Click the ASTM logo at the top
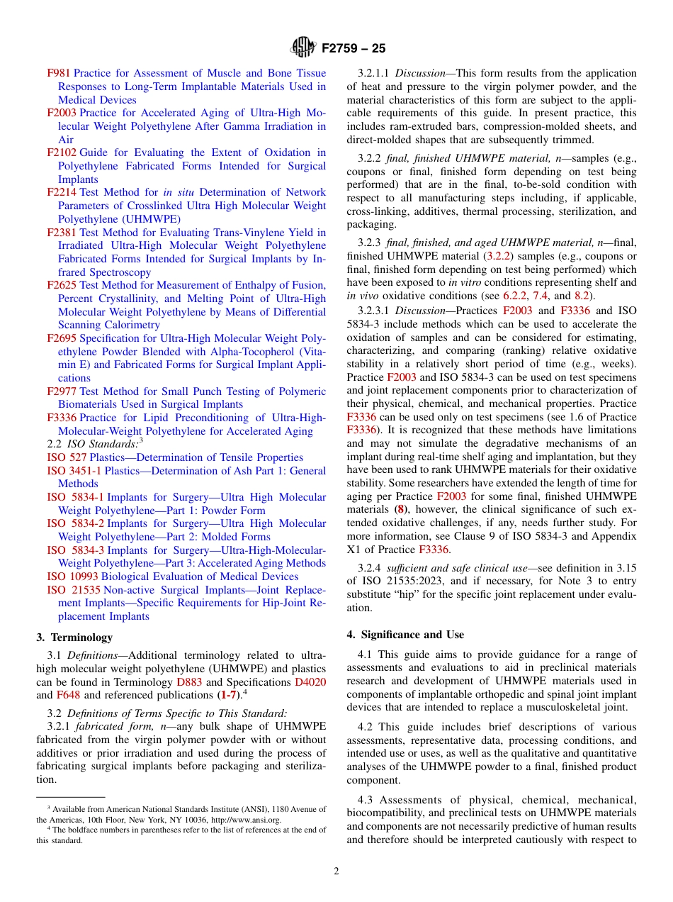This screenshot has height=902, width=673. point(302,48)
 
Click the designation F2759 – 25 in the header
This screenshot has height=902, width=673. point(354,49)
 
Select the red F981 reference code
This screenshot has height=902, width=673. point(59,73)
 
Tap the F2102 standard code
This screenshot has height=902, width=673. point(62,152)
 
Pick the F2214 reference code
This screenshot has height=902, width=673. point(62,192)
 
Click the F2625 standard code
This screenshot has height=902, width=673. point(62,285)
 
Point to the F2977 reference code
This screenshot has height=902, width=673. point(62,391)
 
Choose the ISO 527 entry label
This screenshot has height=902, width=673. point(67,457)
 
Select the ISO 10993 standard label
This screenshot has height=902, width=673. point(72,577)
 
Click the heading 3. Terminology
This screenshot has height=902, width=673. point(74,637)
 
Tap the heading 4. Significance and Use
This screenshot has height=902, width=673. point(405,635)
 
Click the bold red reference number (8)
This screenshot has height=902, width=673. point(400,509)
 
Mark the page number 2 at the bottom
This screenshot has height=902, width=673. point(336,872)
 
